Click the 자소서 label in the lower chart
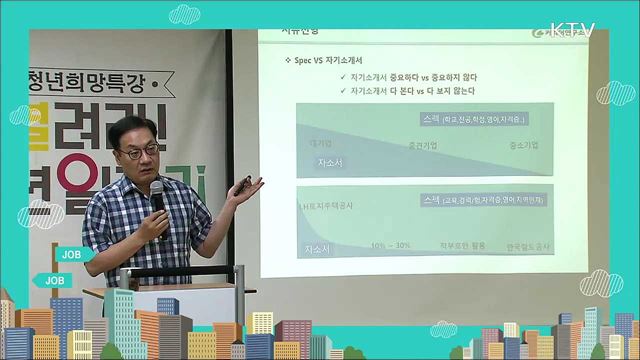(323, 246)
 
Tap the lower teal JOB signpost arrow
(52, 281)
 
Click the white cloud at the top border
(184, 14)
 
